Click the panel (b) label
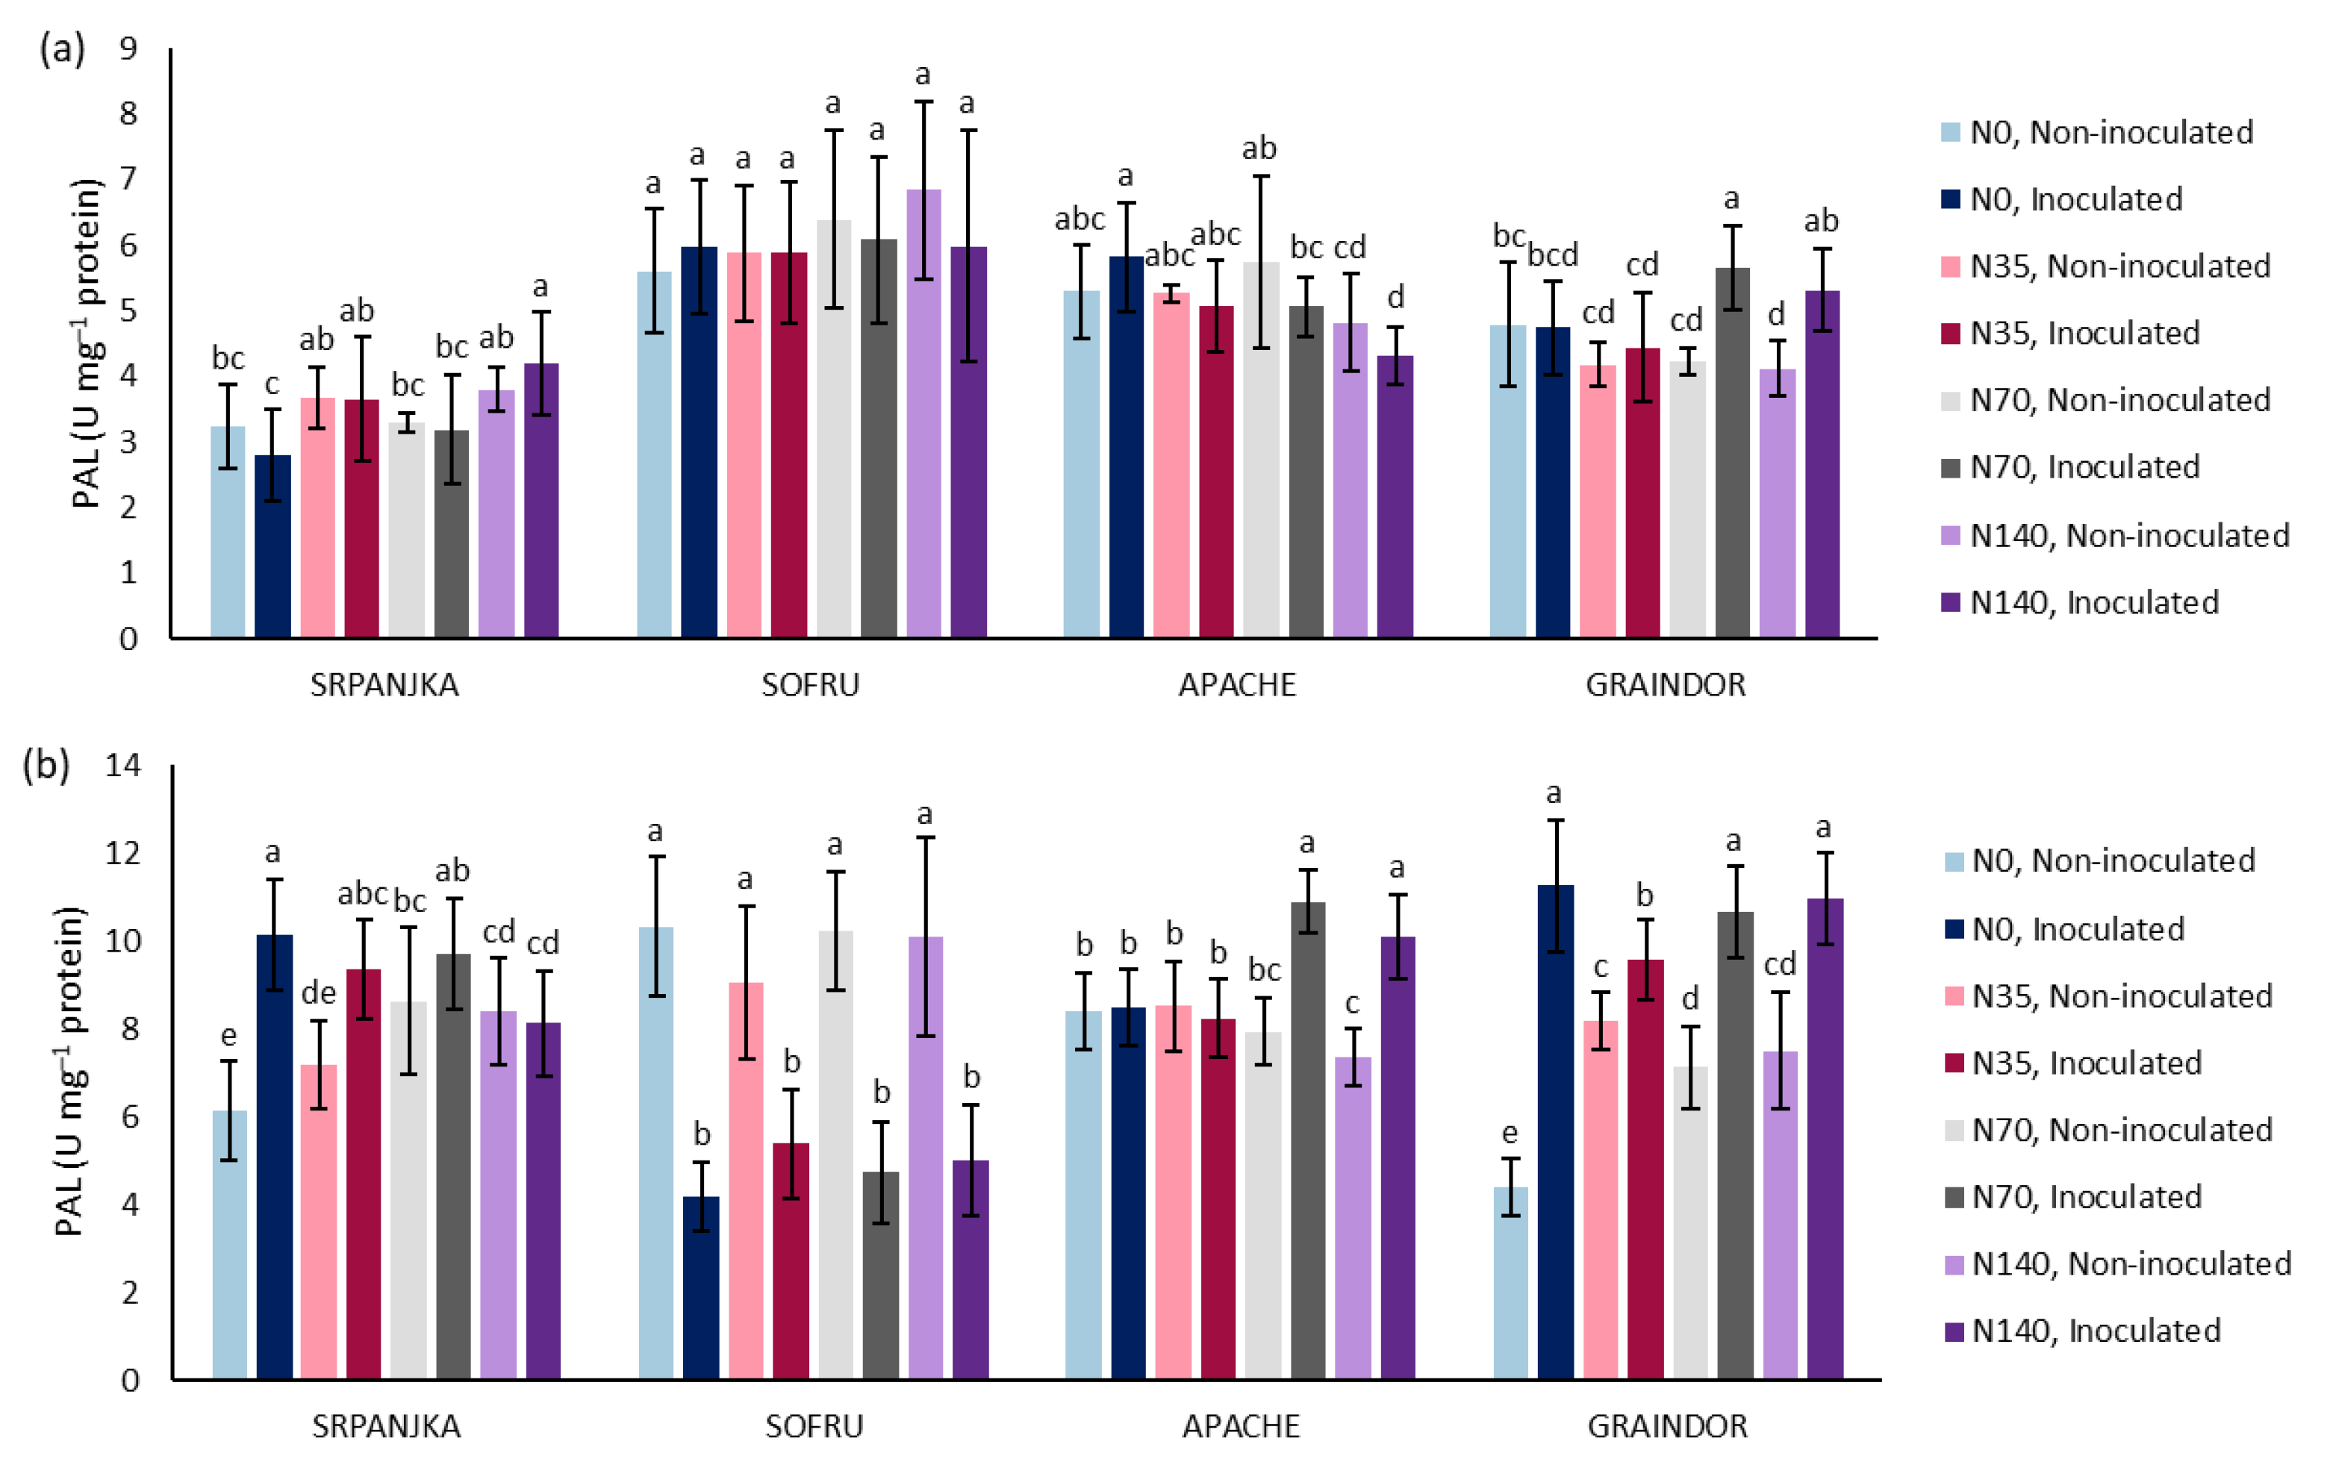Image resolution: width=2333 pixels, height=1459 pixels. click(46, 765)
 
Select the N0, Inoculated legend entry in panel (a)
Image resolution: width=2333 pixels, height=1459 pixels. click(2062, 199)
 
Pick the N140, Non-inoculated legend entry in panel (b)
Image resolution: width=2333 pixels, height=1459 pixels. click(2119, 1263)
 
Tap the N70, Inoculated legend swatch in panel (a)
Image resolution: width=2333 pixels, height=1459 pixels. click(1951, 467)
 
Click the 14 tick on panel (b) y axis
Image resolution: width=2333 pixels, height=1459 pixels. click(122, 765)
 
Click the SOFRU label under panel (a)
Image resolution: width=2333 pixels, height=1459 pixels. click(810, 684)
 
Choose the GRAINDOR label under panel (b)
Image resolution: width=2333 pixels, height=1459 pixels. click(1668, 1425)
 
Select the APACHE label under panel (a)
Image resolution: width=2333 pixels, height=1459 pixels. click(1238, 684)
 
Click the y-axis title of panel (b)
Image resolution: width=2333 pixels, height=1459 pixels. click(69, 1071)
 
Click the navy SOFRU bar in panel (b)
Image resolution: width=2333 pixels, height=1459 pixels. click(701, 1287)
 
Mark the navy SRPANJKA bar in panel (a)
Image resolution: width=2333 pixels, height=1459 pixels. click(273, 546)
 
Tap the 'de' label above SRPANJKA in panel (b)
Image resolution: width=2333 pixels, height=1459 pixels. click(319, 992)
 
